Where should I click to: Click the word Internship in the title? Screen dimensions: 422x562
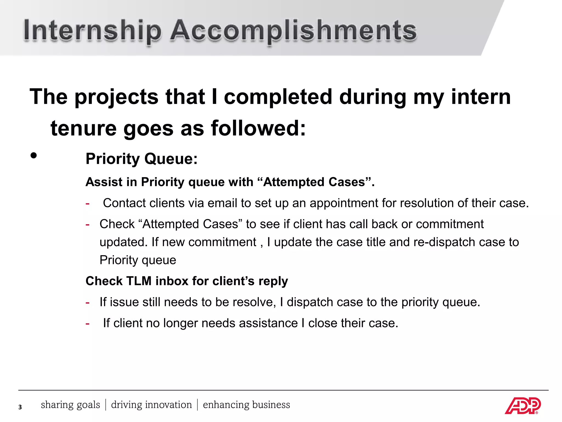[92, 31]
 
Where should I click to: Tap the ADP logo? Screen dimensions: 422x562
[522, 406]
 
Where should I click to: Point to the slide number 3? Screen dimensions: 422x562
[20, 407]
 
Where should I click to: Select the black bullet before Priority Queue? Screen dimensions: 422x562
[33, 156]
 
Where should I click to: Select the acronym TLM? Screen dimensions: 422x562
[139, 281]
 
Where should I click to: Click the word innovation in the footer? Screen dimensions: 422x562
[168, 405]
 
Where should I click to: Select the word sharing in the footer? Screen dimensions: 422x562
[57, 405]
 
